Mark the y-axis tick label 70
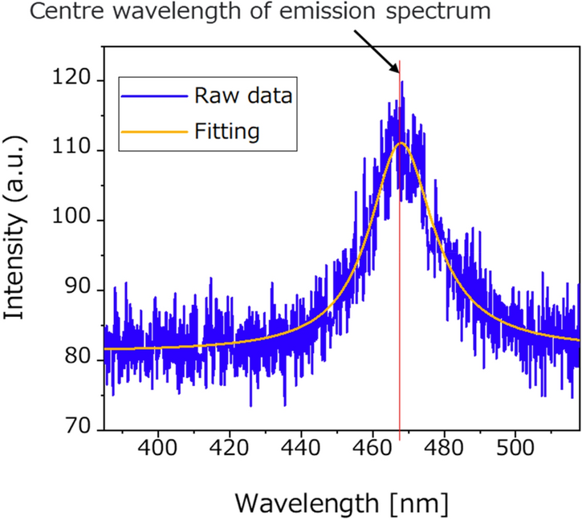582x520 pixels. [x=79, y=429]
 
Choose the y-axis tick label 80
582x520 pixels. [x=79, y=360]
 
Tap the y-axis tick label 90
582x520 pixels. [x=79, y=290]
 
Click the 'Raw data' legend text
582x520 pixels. [x=242, y=97]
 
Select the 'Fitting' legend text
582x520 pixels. [x=227, y=131]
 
